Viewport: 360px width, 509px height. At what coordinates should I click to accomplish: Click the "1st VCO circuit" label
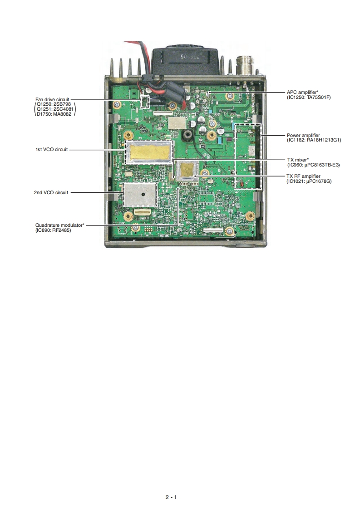(52, 149)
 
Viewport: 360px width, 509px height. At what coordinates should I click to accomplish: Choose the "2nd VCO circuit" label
(51, 192)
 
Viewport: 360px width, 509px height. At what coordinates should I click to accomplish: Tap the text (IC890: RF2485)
(53, 230)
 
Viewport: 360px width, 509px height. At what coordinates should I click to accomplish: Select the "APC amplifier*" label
(304, 92)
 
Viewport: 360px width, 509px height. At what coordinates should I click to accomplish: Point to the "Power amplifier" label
(303, 135)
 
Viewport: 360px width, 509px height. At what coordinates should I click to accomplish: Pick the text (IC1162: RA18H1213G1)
(313, 140)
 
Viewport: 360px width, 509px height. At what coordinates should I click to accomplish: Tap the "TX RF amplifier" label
(303, 176)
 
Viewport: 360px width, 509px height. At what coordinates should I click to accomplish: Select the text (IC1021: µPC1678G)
(309, 181)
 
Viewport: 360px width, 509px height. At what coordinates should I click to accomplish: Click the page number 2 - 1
(171, 497)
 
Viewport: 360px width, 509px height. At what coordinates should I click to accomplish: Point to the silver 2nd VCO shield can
(140, 194)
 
